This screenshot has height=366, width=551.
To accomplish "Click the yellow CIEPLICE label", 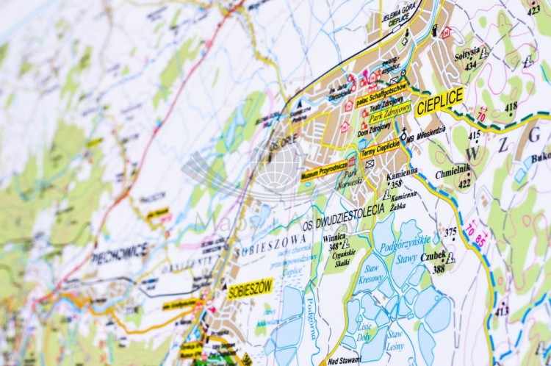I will tap(439, 102).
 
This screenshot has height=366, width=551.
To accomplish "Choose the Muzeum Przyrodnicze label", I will tap(324, 171).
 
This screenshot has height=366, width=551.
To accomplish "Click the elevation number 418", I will tap(511, 106).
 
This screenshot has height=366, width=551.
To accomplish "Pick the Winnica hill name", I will tap(334, 237).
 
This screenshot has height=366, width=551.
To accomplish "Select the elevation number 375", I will tap(450, 232).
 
